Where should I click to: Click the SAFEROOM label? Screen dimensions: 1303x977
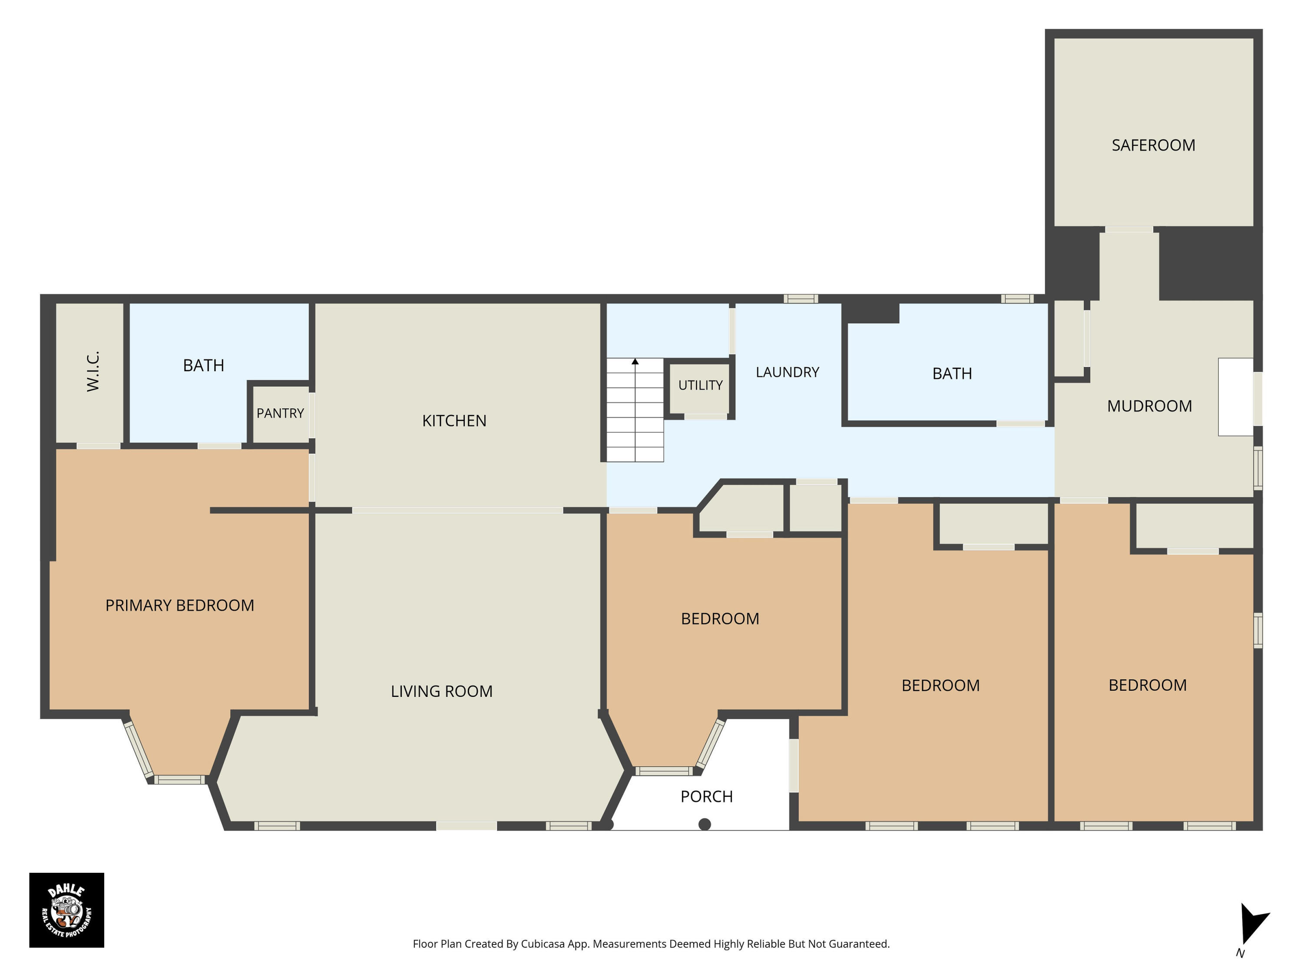pos(1154,145)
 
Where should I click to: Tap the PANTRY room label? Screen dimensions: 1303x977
pos(281,413)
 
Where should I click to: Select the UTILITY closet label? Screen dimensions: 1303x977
pos(701,385)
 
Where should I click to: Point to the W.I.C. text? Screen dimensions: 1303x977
pos(93,372)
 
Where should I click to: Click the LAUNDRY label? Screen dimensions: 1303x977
pos(787,372)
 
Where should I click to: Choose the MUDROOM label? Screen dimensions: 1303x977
pos(1149,406)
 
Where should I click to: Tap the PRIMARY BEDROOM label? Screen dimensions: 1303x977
pos(180,605)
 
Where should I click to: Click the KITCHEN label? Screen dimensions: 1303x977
pos(454,421)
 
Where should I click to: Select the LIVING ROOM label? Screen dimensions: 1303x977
pos(442,691)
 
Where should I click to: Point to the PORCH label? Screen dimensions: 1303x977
pos(707,797)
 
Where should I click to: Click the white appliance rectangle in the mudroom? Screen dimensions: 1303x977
pos(1235,397)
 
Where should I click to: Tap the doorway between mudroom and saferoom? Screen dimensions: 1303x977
pos(1129,229)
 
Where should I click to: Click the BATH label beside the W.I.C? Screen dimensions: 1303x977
pos(204,366)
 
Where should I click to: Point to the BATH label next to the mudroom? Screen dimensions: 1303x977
pos(952,374)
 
